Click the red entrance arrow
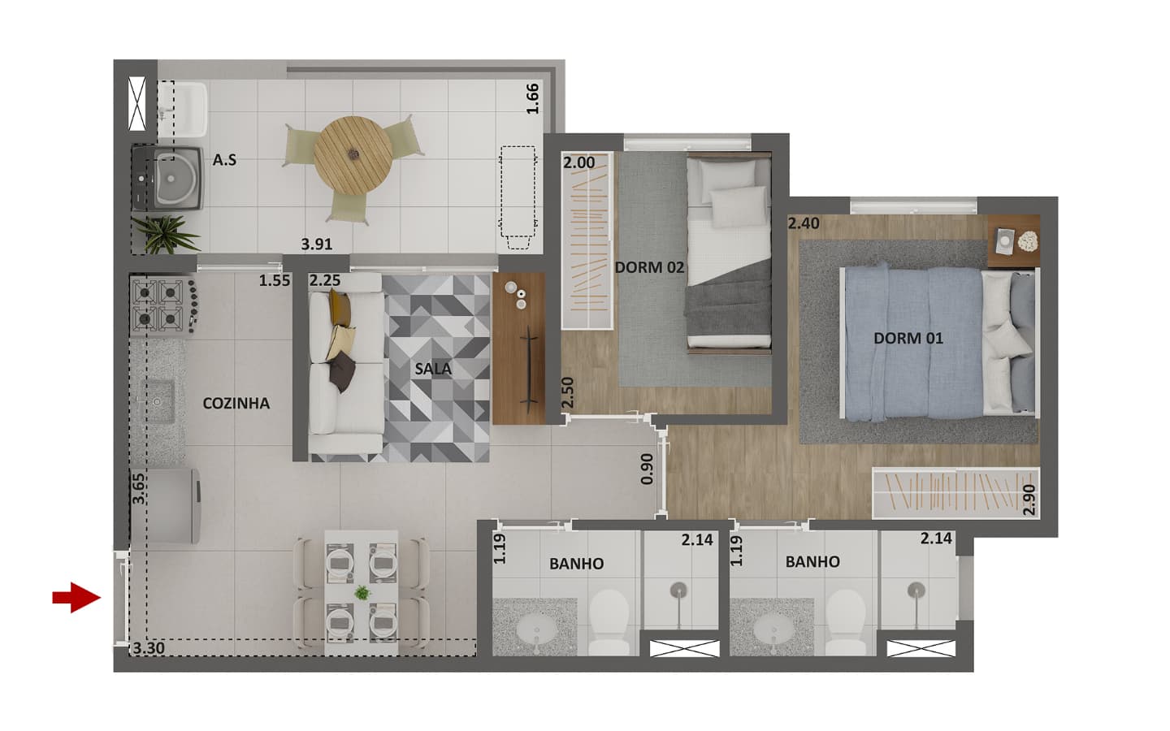pyautogui.click(x=76, y=597)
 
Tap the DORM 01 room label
pyautogui.click(x=908, y=339)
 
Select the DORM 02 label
pyautogui.click(x=649, y=267)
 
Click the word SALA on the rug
pyautogui.click(x=433, y=369)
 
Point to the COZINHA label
pyautogui.click(x=236, y=403)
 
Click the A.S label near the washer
pyautogui.click(x=224, y=160)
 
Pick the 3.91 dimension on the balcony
pyautogui.click(x=317, y=244)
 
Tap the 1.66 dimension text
pyautogui.click(x=532, y=99)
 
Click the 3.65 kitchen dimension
pyautogui.click(x=138, y=489)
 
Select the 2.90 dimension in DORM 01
pyautogui.click(x=1029, y=500)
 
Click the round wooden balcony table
pyautogui.click(x=353, y=156)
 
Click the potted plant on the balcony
pyautogui.click(x=164, y=235)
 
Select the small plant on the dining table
pyautogui.click(x=362, y=593)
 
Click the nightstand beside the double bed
pyautogui.click(x=1013, y=240)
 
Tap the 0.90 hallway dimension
pyautogui.click(x=647, y=469)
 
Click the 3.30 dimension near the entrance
pyautogui.click(x=149, y=648)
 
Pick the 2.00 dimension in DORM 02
pyautogui.click(x=578, y=163)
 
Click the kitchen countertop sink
pyautogui.click(x=157, y=401)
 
